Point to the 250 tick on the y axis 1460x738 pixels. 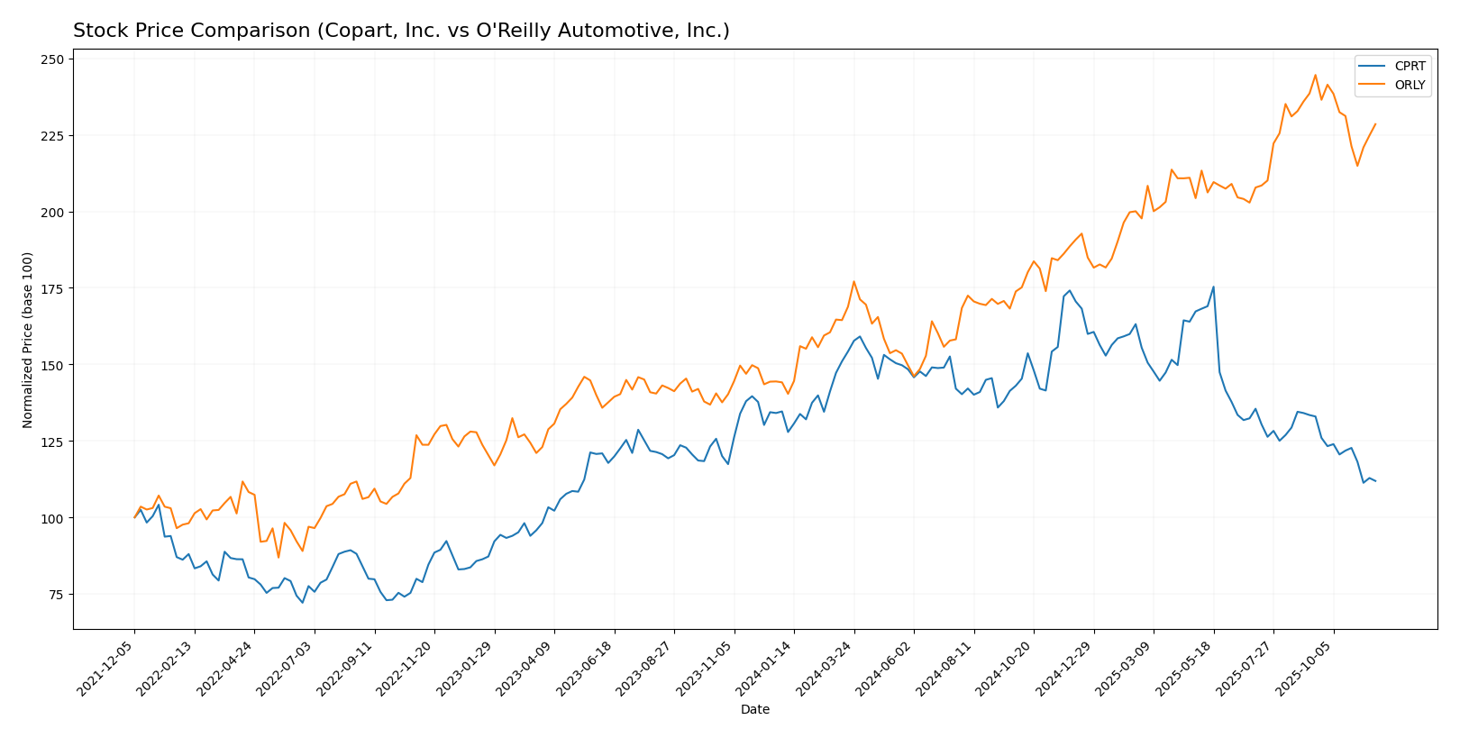pyautogui.click(x=53, y=59)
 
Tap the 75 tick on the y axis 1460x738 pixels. pyautogui.click(x=57, y=595)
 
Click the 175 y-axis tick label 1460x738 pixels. pyautogui.click(x=53, y=289)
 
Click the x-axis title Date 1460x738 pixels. pyautogui.click(x=755, y=710)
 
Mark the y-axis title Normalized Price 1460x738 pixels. pyautogui.click(x=28, y=340)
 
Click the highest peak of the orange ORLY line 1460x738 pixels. pyautogui.click(x=1315, y=75)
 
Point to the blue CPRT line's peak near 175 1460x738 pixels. pyautogui.click(x=1213, y=287)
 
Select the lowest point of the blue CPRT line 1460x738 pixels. pyautogui.click(x=303, y=603)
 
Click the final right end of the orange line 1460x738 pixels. pyautogui.click(x=1375, y=124)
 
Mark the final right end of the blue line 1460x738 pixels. pyautogui.click(x=1375, y=481)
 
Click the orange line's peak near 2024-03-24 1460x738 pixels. pyautogui.click(x=853, y=281)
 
